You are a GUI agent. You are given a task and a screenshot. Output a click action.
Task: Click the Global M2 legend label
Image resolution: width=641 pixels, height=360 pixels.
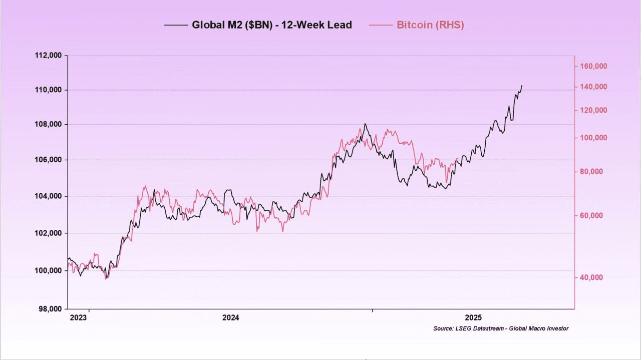[x=272, y=25]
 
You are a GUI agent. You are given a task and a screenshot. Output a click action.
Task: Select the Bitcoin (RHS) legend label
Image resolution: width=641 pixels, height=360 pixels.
[x=430, y=25]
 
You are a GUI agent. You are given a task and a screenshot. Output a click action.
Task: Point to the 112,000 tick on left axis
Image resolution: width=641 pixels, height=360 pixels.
[x=48, y=56]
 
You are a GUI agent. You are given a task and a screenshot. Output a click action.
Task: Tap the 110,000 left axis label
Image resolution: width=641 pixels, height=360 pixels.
[x=48, y=90]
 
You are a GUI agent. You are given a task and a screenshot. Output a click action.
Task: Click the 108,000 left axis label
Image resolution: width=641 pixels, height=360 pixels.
[x=48, y=125]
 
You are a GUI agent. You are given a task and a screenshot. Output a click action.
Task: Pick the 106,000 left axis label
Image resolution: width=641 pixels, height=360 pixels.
[x=48, y=160]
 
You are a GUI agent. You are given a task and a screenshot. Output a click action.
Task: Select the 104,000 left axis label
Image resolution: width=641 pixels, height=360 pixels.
[x=48, y=196]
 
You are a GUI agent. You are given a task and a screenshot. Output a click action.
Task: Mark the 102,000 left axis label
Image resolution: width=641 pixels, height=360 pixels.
[x=48, y=233]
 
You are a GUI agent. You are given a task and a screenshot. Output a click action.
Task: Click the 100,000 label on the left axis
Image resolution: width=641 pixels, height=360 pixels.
[x=48, y=271]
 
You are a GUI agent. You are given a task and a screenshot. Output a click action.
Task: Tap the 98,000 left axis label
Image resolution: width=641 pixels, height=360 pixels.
[x=50, y=309]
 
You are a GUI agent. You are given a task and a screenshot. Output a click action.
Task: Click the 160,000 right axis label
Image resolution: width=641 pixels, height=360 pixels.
[x=593, y=66]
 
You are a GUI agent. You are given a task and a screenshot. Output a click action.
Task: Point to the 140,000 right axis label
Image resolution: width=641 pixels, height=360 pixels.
[x=593, y=87]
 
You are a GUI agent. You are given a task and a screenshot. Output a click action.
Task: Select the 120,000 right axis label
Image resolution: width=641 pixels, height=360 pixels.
[x=593, y=110]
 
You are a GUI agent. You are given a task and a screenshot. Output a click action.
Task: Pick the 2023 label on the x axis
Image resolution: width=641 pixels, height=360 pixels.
[x=78, y=317]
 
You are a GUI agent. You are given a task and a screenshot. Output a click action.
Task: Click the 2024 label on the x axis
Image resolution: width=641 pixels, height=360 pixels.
[x=231, y=317]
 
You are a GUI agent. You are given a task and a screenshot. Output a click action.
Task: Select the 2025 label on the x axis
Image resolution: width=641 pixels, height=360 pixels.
[x=473, y=317]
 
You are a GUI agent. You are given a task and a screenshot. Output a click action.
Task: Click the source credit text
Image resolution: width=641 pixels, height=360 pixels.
[x=501, y=328]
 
